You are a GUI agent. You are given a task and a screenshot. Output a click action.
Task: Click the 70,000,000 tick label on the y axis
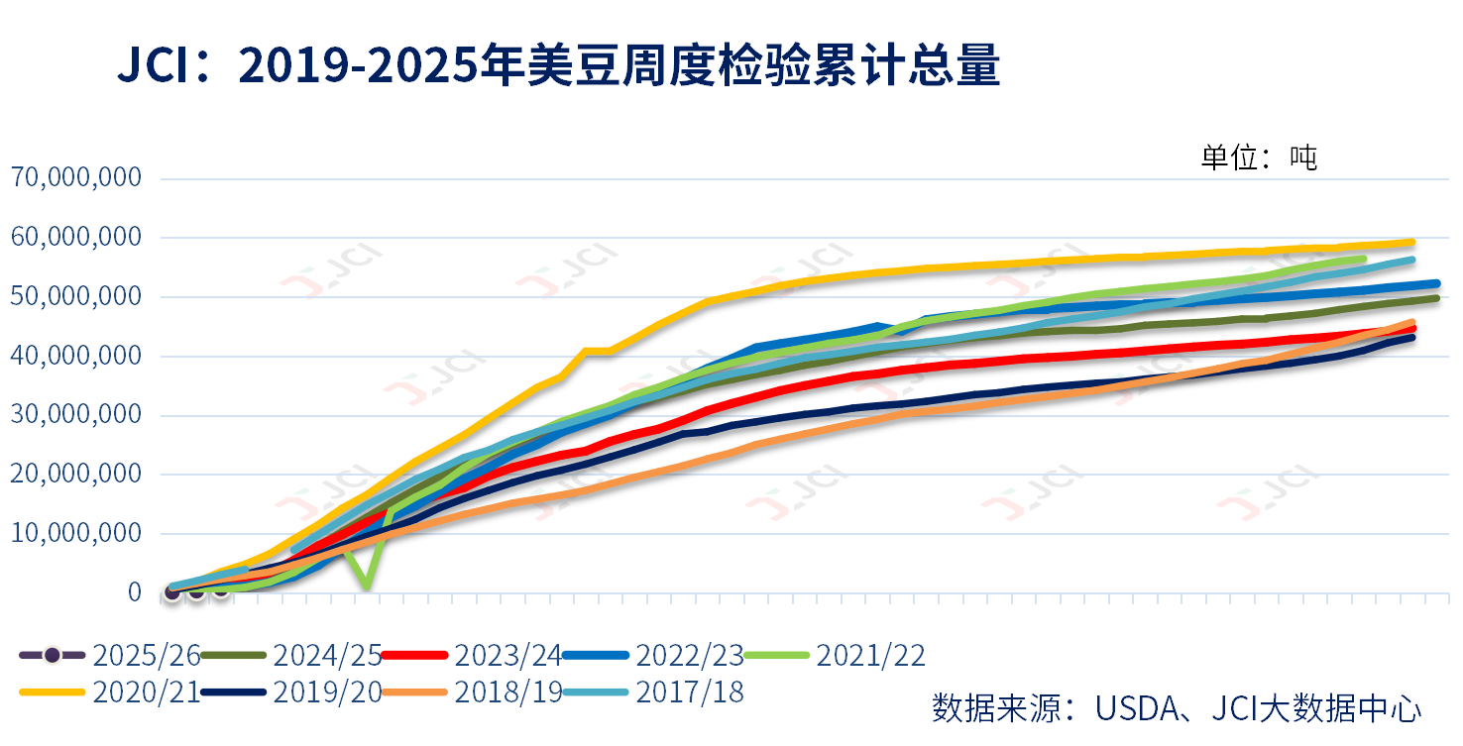[x=76, y=178]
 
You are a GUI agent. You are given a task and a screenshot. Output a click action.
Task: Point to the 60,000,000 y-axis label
[x=76, y=238]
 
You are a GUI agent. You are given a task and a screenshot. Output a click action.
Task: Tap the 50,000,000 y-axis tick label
[x=76, y=297]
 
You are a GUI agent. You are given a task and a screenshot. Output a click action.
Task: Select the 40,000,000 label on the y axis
[x=76, y=356]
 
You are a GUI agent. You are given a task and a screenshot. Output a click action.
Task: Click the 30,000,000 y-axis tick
[x=76, y=415]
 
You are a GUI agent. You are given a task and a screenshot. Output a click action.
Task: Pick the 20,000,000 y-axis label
[x=76, y=475]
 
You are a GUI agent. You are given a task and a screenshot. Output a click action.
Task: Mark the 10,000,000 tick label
[x=76, y=533]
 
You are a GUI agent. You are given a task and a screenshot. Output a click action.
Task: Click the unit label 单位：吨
[x=1259, y=158]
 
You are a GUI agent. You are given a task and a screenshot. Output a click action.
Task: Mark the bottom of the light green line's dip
[x=368, y=586]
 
